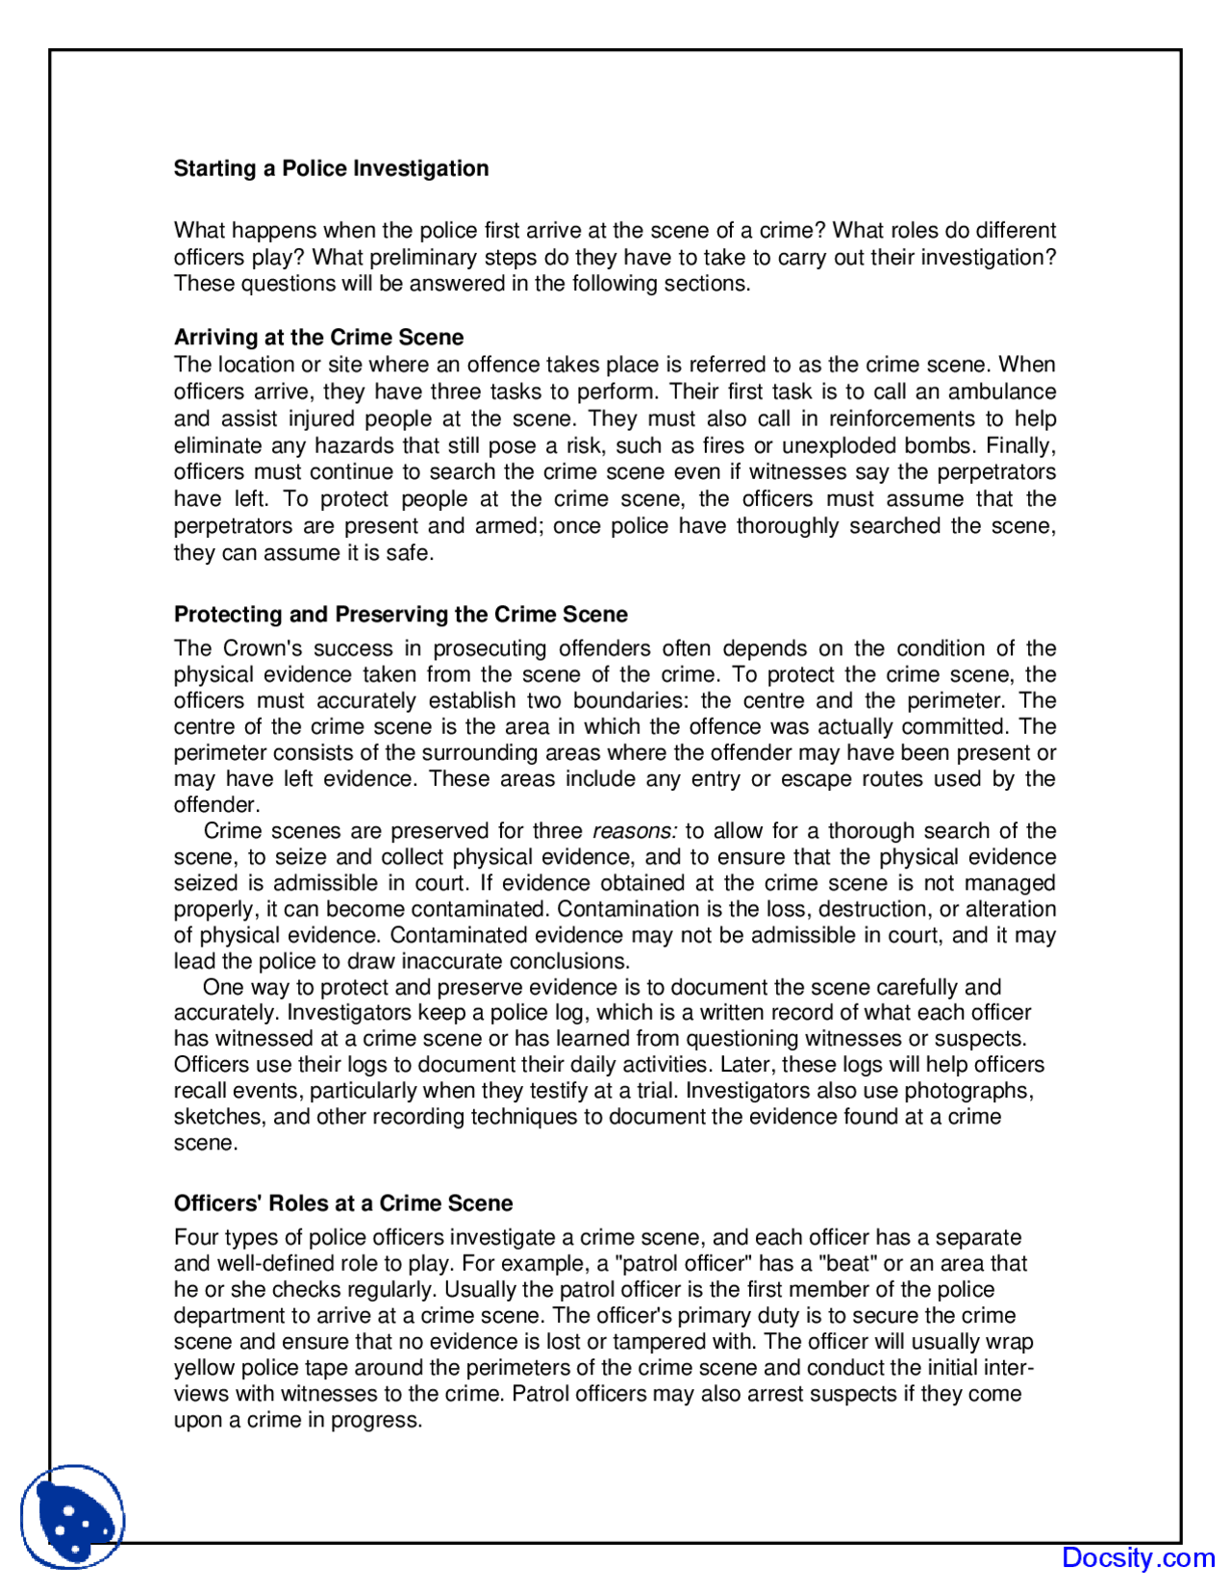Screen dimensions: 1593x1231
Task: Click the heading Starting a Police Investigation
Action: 331,168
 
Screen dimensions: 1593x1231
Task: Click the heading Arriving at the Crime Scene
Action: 318,337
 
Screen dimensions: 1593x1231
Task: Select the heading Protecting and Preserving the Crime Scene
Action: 400,614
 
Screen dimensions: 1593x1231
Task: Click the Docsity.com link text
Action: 1138,1557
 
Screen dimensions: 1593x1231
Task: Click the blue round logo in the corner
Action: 72,1517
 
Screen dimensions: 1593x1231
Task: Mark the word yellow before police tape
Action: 205,1368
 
